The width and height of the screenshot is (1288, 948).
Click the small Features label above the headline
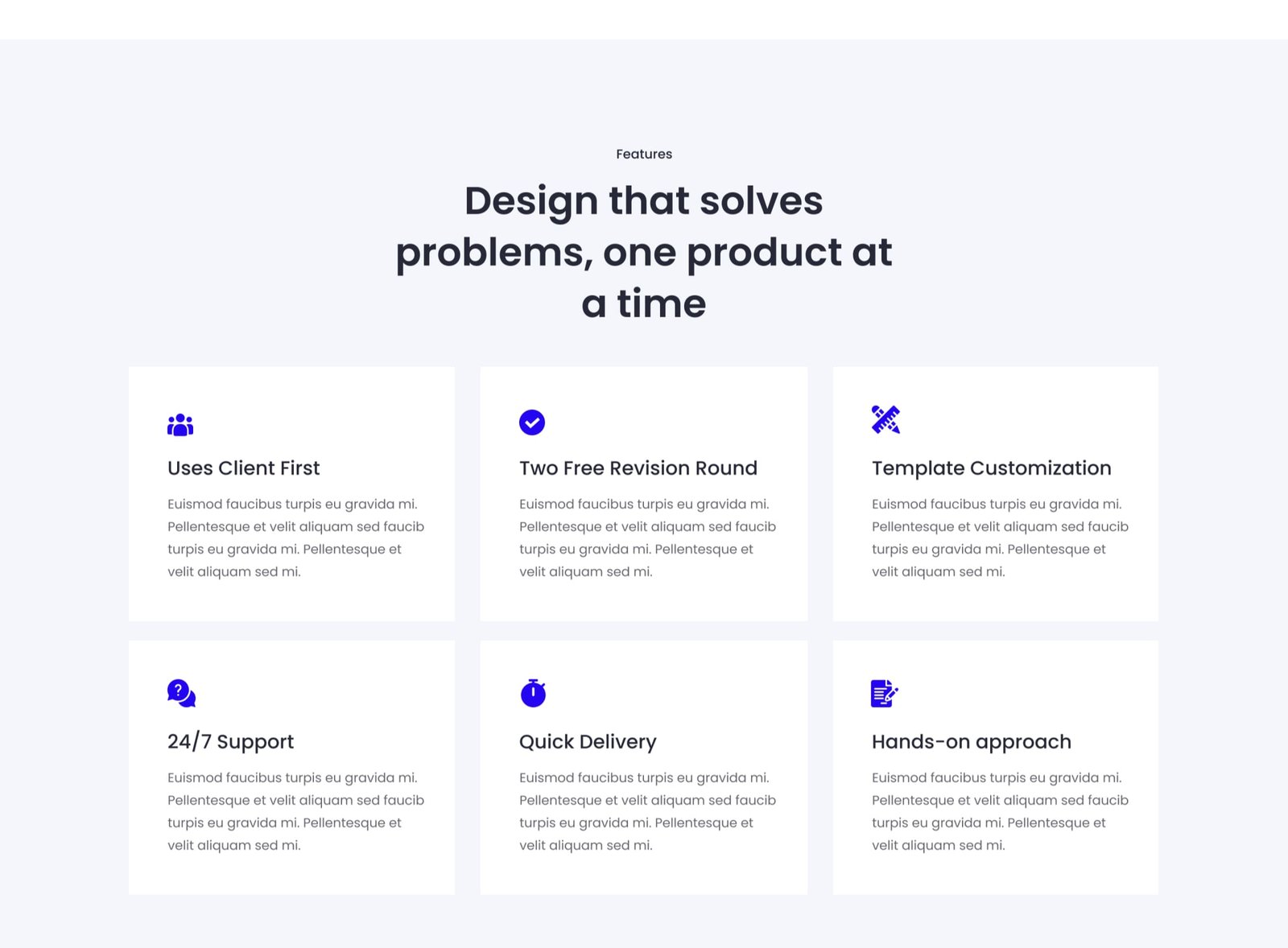coord(644,154)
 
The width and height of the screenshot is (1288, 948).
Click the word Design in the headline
coord(530,202)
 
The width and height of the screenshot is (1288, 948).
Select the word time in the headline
coord(661,303)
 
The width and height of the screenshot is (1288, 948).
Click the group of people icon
coord(180,425)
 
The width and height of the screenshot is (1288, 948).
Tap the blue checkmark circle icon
coord(532,422)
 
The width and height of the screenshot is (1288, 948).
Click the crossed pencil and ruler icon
coord(885,419)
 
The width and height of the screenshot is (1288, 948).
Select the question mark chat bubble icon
coord(182,694)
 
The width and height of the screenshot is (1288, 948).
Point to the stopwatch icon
coord(533,693)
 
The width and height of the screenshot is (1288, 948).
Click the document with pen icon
coord(885,694)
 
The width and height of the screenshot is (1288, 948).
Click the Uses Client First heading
coord(243,468)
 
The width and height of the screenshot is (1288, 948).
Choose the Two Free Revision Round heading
coord(638,468)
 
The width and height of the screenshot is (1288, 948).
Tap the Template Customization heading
coord(991,468)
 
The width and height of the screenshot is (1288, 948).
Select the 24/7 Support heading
coord(230,742)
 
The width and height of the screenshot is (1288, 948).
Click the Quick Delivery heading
coord(588,742)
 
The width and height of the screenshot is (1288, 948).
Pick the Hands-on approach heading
coord(972,742)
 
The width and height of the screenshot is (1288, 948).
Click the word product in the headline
coord(764,253)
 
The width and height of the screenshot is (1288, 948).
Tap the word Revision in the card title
coord(649,468)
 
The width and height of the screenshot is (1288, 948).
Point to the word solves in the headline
coord(762,201)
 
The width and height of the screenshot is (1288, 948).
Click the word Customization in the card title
coord(1041,468)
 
